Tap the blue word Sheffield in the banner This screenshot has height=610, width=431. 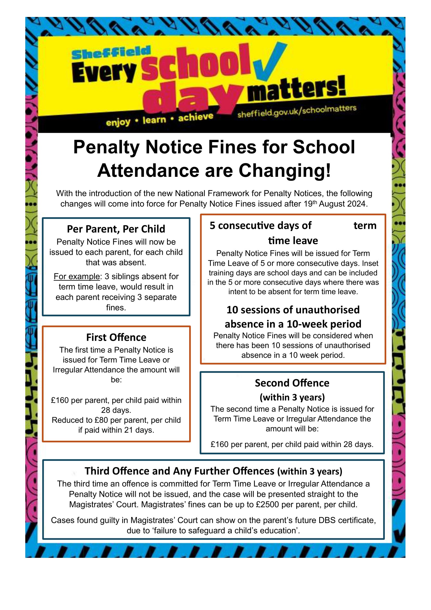pyautogui.click(x=111, y=53)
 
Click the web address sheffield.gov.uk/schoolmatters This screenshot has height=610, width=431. pyautogui.click(x=297, y=111)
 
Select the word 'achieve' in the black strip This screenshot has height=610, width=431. pyautogui.click(x=196, y=117)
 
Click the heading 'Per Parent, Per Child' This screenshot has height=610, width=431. pyautogui.click(x=116, y=229)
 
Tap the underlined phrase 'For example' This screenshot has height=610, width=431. pyautogui.click(x=76, y=276)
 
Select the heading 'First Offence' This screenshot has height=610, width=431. pyautogui.click(x=116, y=337)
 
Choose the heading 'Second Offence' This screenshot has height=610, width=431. pyautogui.click(x=292, y=383)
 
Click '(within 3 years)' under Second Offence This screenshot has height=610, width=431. pyautogui.click(x=292, y=397)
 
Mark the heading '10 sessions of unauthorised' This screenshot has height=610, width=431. pyautogui.click(x=293, y=310)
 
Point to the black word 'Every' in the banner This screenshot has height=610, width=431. pyautogui.click(x=104, y=72)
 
